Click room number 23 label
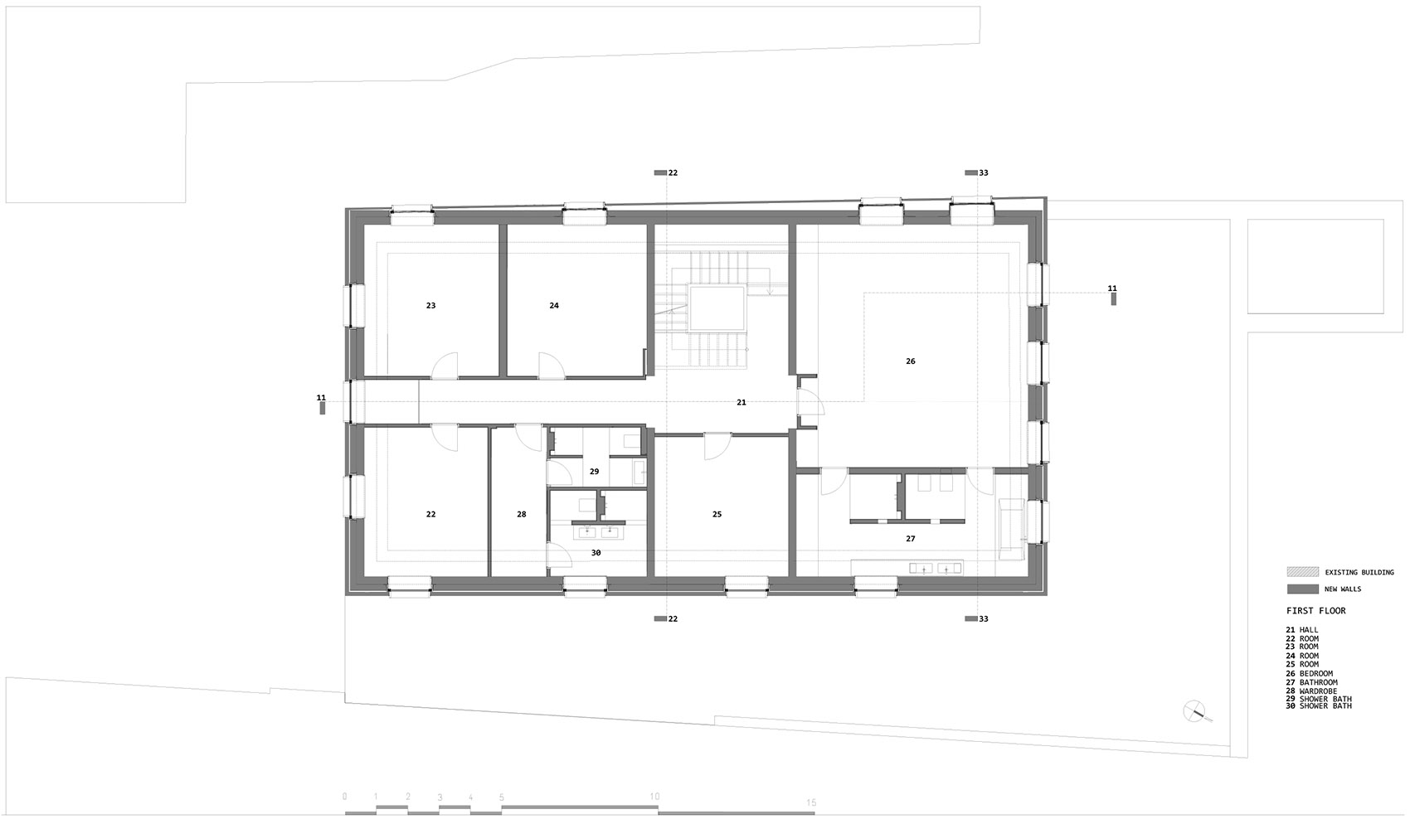pyautogui.click(x=430, y=306)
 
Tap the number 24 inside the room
pyautogui.click(x=554, y=306)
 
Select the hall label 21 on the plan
pyautogui.click(x=741, y=402)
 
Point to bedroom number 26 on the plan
pyautogui.click(x=911, y=361)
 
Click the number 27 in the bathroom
pyautogui.click(x=911, y=539)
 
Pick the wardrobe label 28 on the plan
pyautogui.click(x=522, y=515)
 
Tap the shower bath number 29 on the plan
pyautogui.click(x=594, y=472)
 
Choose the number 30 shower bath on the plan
pyautogui.click(x=596, y=553)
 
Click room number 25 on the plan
pyautogui.click(x=717, y=515)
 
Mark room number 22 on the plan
pyautogui.click(x=430, y=515)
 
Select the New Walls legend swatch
pyautogui.click(x=1302, y=589)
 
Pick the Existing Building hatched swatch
pyautogui.click(x=1302, y=572)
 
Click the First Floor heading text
pyautogui.click(x=1315, y=611)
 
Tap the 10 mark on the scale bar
pyautogui.click(x=654, y=797)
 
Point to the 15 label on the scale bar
pyautogui.click(x=812, y=802)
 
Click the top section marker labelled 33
pyautogui.click(x=977, y=173)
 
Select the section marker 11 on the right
pyautogui.click(x=1112, y=293)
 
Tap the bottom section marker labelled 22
pyautogui.click(x=667, y=619)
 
